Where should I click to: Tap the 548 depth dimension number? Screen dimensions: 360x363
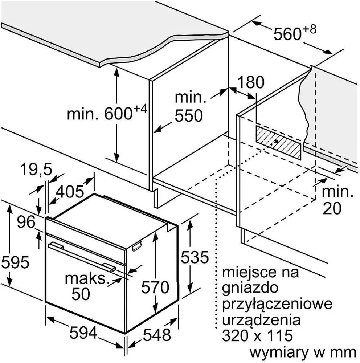[x=157, y=335]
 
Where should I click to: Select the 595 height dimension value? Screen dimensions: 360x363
[x=15, y=262]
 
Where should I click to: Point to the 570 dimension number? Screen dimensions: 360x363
[x=155, y=287]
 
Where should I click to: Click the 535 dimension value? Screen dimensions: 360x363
[x=195, y=257]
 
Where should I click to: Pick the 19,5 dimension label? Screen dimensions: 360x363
[x=36, y=169]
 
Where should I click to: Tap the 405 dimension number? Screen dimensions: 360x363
[x=70, y=191]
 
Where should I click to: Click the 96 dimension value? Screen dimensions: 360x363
[x=26, y=222]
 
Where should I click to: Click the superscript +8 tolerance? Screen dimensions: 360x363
[x=309, y=30]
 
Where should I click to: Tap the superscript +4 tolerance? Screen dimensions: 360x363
[x=140, y=109]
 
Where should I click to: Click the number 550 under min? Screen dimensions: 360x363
[x=189, y=116]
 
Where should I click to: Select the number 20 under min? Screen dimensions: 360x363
[x=332, y=208]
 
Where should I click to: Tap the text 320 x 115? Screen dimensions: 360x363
[x=257, y=335]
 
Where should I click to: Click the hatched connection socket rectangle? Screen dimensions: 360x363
[x=278, y=143]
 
